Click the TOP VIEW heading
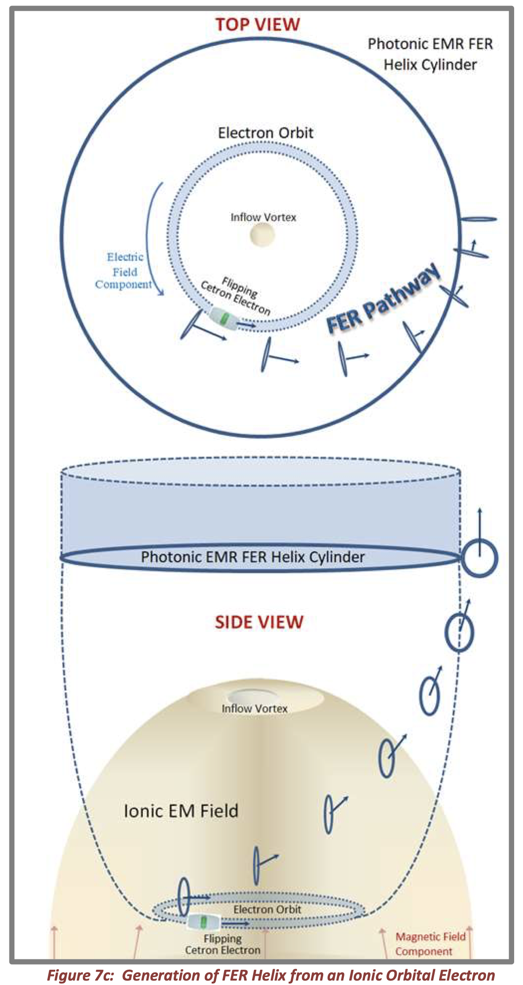257,24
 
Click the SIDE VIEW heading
259,622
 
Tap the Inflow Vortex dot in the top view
262,234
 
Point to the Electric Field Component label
124,271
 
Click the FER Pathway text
382,299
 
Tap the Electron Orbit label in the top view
265,133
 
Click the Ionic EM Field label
181,811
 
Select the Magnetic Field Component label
430,944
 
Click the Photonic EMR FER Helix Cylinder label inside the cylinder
253,557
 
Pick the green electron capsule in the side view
203,921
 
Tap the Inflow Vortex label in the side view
254,708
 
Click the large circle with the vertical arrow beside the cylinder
480,558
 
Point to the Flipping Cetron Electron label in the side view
223,944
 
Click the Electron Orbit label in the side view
267,909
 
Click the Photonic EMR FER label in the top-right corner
430,44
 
